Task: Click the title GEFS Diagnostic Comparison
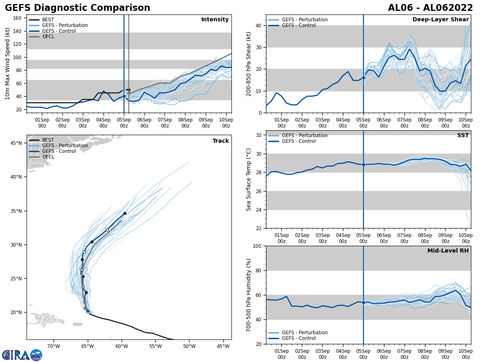(x=77, y=8)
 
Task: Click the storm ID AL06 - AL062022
(x=430, y=8)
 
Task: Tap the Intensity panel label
(x=215, y=20)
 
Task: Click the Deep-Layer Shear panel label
(x=440, y=20)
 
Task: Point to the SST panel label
(x=463, y=136)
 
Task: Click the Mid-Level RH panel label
(x=448, y=251)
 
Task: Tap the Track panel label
(x=221, y=141)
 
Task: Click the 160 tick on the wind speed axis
(x=18, y=18)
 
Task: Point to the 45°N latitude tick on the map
(x=16, y=143)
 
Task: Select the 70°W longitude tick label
(x=54, y=346)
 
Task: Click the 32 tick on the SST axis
(x=259, y=135)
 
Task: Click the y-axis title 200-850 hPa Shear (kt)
(x=249, y=64)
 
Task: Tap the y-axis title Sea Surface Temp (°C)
(x=249, y=179)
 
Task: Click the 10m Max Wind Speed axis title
(x=8, y=64)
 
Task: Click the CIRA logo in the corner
(x=22, y=355)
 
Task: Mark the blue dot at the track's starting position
(x=88, y=311)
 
